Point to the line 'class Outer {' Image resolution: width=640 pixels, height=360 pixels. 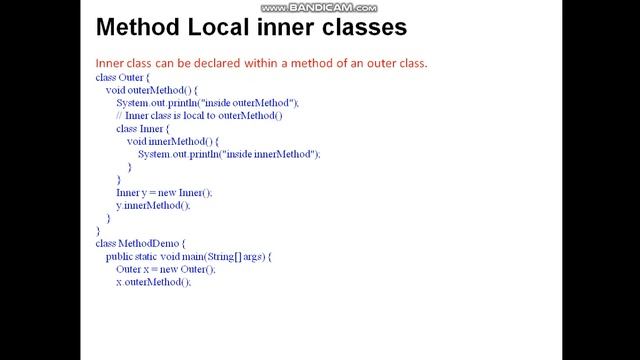123,77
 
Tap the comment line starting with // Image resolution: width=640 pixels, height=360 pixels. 200,116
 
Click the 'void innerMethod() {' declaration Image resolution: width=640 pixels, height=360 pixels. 173,141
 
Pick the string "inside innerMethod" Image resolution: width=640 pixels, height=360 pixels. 267,154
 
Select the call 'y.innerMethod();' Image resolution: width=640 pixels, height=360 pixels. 153,205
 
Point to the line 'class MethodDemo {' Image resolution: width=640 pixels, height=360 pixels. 140,243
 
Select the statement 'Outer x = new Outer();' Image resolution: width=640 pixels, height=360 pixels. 166,269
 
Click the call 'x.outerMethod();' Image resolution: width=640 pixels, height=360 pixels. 153,282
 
